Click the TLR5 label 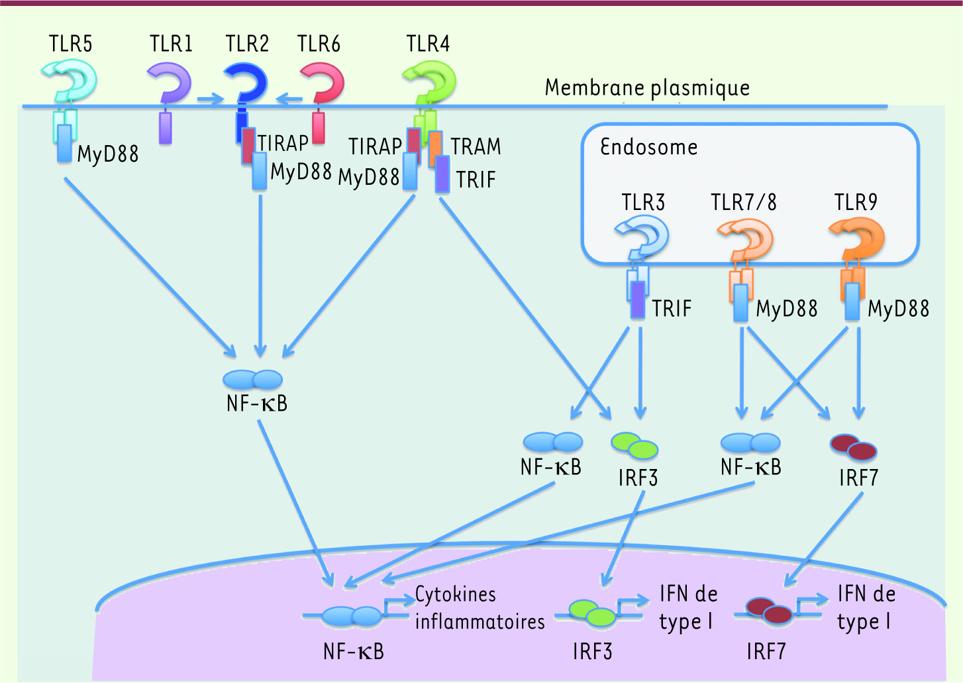70,44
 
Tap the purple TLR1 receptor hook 170,82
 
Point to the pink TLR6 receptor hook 323,82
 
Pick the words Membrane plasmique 647,87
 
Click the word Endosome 648,146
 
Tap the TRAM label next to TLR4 476,146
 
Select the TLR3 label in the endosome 642,202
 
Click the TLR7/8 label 744,202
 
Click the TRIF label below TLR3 672,309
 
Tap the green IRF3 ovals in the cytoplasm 634,446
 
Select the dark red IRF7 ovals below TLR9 854,447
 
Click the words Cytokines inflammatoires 479,608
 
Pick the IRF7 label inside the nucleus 766,652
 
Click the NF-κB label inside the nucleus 354,652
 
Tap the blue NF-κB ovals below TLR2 253,379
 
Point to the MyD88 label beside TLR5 108,154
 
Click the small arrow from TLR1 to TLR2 211,100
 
